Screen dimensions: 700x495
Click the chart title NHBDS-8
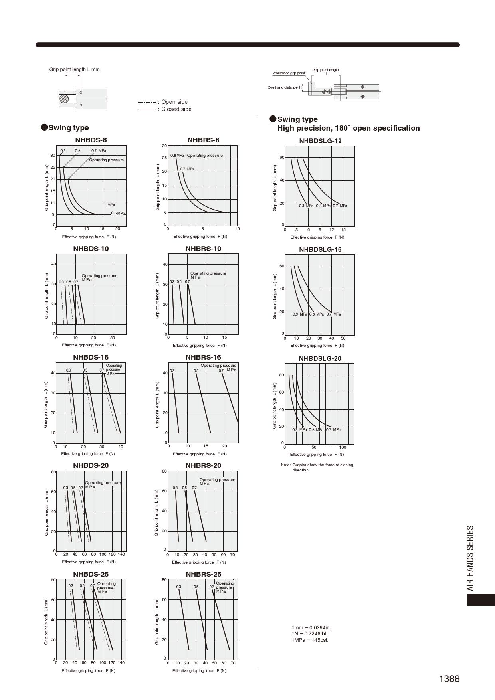coord(91,140)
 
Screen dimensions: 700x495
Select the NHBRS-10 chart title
coord(203,249)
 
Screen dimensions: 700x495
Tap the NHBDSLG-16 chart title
coord(320,250)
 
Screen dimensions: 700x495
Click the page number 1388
coord(449,679)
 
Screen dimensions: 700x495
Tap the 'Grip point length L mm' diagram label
coord(75,69)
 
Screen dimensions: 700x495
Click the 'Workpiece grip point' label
coord(289,73)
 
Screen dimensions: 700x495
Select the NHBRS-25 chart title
coord(203,574)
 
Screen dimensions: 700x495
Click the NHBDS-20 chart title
coord(91,465)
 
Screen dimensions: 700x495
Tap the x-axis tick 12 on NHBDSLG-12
coord(332,230)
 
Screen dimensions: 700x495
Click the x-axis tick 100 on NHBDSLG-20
coord(343,447)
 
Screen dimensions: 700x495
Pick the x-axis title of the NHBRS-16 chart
coord(200,454)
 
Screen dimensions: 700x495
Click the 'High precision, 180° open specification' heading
coord(348,128)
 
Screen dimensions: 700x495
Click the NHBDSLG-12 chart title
coord(320,141)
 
